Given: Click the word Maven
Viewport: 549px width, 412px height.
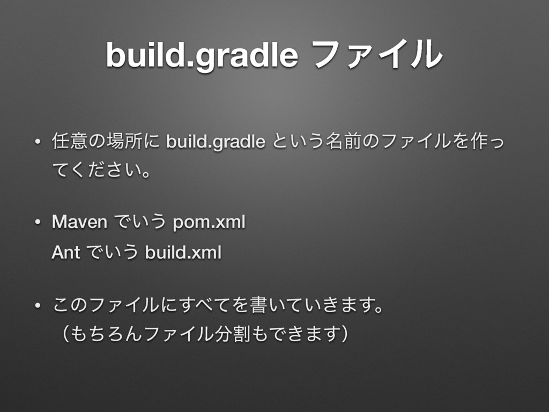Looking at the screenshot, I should (x=79, y=222).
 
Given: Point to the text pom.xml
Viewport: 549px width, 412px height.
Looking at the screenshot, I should (x=209, y=222).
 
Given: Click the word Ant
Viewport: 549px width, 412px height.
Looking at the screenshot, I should (x=65, y=252).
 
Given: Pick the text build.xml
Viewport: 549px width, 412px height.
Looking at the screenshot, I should (x=183, y=252).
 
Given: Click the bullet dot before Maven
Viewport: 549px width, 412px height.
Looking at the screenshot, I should (x=36, y=223).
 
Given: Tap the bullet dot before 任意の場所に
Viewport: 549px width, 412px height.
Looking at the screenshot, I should (x=36, y=143).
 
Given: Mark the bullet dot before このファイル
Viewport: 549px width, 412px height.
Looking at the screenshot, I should (x=36, y=306).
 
